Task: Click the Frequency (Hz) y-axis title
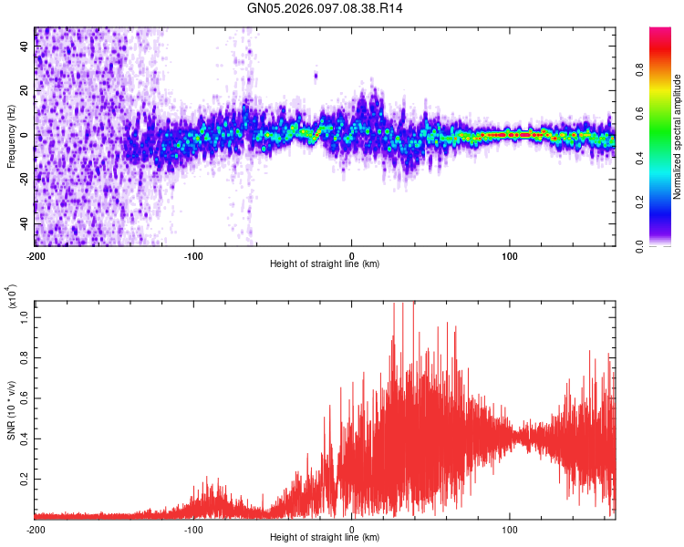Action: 11,137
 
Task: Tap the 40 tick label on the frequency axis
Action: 25,47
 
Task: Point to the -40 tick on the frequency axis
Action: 22,222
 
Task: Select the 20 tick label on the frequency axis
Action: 25,91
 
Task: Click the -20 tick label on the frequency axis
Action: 22,179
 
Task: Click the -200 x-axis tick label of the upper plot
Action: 36,254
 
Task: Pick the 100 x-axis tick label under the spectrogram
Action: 510,254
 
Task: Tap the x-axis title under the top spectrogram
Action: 325,264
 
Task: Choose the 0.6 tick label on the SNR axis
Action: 25,399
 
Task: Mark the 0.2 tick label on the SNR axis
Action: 25,478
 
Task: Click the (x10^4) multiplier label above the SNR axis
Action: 11,296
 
